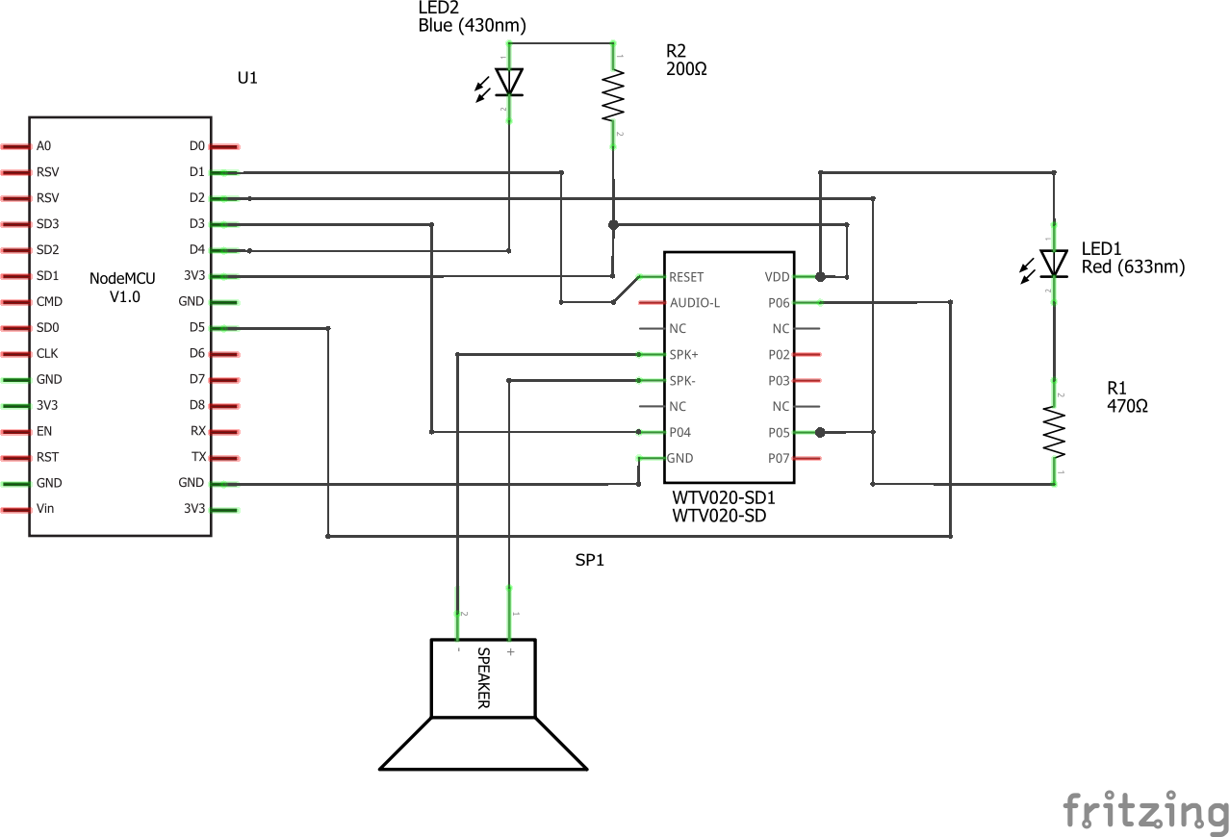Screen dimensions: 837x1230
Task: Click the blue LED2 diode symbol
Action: (x=509, y=82)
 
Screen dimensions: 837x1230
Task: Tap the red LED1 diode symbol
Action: (x=1055, y=263)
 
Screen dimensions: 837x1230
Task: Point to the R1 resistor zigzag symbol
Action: (x=1055, y=433)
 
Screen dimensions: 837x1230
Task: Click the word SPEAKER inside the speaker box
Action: (x=484, y=678)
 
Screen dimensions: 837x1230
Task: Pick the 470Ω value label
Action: (x=1127, y=406)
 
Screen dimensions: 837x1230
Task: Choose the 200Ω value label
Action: (x=686, y=69)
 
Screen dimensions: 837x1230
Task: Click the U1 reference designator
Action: (x=247, y=78)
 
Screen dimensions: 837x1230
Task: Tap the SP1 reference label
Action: (x=589, y=560)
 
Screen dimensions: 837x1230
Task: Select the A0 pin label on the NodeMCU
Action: (x=44, y=146)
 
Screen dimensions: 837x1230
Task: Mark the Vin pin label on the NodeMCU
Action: (x=45, y=508)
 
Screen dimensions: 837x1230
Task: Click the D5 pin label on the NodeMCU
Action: (x=196, y=327)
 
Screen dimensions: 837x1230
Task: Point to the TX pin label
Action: (x=198, y=457)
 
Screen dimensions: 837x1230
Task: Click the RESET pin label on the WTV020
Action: (x=686, y=277)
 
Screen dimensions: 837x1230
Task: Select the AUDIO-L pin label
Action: (x=694, y=303)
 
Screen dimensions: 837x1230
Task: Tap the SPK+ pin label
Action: (x=683, y=355)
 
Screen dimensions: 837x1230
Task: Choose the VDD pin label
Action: (x=777, y=277)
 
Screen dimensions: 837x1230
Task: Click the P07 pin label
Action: (x=779, y=458)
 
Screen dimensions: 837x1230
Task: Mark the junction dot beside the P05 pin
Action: (x=820, y=432)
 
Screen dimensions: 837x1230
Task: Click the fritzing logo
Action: (x=1145, y=810)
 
